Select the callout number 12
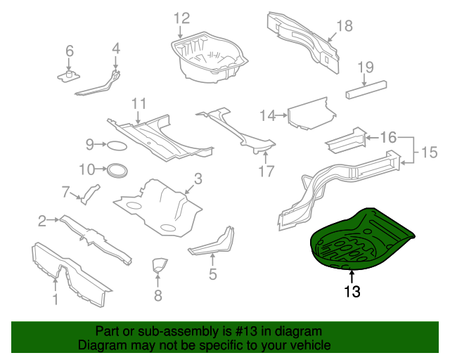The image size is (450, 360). pos(181,18)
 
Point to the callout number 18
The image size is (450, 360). pos(343,26)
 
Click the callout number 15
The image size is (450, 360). pos(429,150)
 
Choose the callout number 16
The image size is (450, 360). pos(388,136)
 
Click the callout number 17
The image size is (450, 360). pos(266,171)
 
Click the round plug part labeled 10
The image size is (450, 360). pos(117,169)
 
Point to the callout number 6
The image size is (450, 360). pos(69,51)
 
